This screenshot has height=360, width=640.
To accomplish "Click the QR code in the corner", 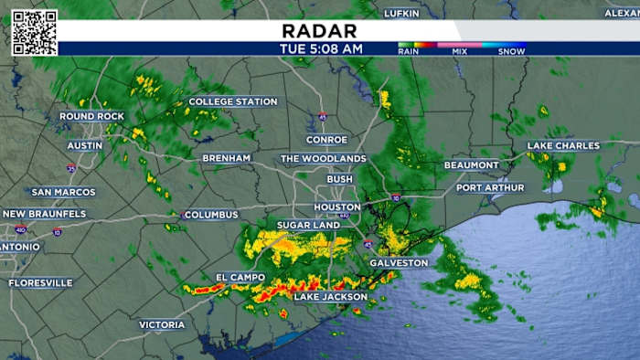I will pos(35,33).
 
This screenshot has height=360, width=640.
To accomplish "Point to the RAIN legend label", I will pos(409,52).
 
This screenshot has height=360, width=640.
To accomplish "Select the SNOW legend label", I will pos(511,52).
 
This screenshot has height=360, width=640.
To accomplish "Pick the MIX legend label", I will pos(458,52).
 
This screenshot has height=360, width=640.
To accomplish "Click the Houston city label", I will pos(337,207).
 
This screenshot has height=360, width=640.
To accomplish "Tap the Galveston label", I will pos(398,263).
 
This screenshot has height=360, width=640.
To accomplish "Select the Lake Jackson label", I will pos(330,297).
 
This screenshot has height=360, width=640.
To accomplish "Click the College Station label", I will pos(232,101).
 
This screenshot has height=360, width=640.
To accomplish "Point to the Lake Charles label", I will pos(563,145).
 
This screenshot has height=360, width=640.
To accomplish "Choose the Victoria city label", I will pos(162,324).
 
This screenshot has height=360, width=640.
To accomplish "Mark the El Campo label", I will pos(240,277).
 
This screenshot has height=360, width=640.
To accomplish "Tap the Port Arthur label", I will pos(490,188).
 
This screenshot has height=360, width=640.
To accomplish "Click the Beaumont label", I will pos(472,165).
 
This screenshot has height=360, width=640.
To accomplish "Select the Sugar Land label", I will pos(308,225).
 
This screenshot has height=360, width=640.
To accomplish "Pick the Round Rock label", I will pos(91,116).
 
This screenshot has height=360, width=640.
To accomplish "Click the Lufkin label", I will pos(407,13).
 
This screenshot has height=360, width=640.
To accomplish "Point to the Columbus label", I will pos(210,215).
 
